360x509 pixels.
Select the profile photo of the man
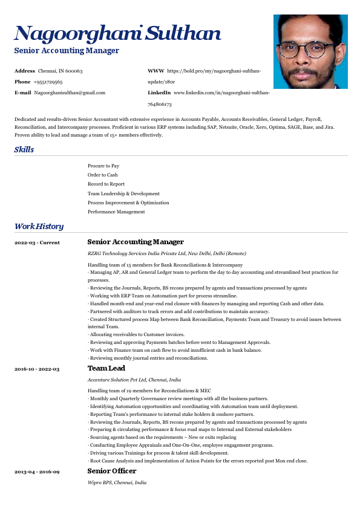(310, 51)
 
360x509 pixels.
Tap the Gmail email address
(70, 92)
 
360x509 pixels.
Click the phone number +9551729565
(48, 82)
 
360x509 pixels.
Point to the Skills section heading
(24, 149)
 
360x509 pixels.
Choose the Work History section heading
(39, 226)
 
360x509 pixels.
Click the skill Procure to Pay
(103, 166)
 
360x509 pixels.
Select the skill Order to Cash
(103, 175)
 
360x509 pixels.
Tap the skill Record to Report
(106, 184)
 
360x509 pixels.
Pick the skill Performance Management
(116, 212)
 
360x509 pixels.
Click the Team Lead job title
(106, 368)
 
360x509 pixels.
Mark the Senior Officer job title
(112, 470)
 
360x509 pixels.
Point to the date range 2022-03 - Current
(37, 242)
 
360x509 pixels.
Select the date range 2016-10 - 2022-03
(37, 368)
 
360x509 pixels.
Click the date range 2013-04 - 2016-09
(37, 471)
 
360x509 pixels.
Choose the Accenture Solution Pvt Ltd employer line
(134, 380)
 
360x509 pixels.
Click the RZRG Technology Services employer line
(167, 253)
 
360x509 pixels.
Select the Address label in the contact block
(25, 71)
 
